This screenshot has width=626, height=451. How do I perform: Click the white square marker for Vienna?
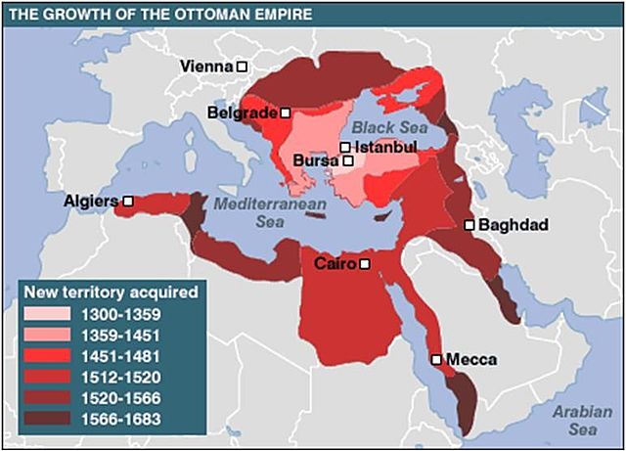point(242,67)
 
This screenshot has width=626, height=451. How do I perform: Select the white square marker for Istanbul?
point(345,148)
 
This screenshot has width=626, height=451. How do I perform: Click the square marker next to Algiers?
point(127,201)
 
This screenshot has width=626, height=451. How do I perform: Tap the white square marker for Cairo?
point(364,264)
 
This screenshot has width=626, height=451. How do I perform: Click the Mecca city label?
point(470,359)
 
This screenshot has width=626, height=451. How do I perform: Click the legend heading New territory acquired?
point(110,292)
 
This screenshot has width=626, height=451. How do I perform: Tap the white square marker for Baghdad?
point(469,225)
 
